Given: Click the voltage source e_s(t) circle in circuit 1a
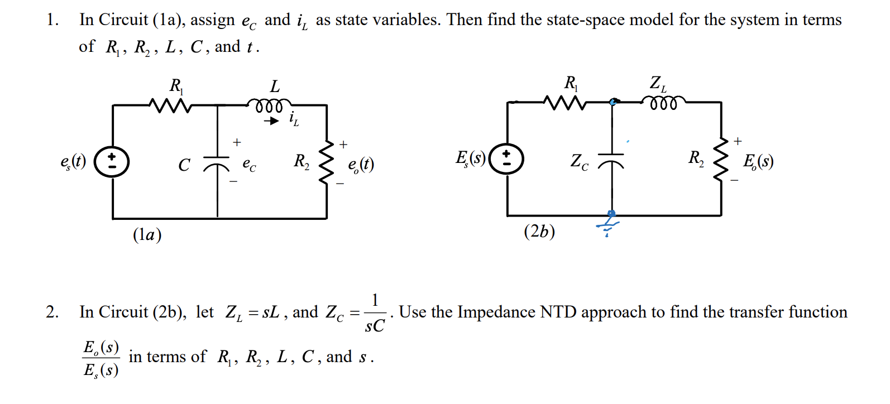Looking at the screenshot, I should (112, 162).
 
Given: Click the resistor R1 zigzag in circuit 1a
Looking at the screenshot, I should (170, 105).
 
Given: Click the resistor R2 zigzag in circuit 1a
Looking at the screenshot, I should (326, 162).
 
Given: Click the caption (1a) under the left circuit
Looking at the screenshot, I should (147, 234).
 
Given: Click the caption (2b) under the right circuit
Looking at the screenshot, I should (539, 231).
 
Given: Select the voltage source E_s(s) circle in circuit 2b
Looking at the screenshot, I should (506, 159).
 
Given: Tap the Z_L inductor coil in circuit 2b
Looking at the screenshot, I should (663, 102).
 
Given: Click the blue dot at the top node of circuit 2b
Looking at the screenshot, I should (613, 102).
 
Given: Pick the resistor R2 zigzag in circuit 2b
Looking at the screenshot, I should (721, 159).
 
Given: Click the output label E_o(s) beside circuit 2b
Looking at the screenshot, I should (758, 161).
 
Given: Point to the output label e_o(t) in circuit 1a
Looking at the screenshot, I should (361, 164).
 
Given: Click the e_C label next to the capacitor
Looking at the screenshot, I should (249, 164).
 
